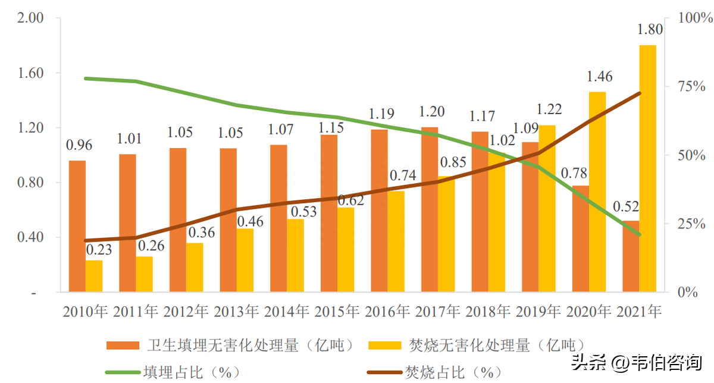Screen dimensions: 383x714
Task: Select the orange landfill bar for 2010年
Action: pyautogui.click(x=77, y=226)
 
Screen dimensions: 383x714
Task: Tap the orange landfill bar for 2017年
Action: pyautogui.click(x=430, y=209)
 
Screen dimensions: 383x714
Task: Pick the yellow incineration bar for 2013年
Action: pyautogui.click(x=245, y=260)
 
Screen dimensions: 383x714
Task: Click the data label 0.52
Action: pyautogui.click(x=627, y=208)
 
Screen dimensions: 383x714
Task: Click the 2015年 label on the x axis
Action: pyautogui.click(x=337, y=310)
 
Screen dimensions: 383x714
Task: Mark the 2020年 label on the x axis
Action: pyautogui.click(x=588, y=310)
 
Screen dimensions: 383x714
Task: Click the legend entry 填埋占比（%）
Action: pyautogui.click(x=192, y=372)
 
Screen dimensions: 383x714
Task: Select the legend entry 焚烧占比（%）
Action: pyautogui.click(x=453, y=372)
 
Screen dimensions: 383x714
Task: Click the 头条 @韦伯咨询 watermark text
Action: pyautogui.click(x=637, y=362)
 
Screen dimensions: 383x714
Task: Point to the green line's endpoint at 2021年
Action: pyautogui.click(x=640, y=235)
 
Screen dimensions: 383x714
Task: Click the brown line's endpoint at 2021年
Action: pyautogui.click(x=640, y=93)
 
